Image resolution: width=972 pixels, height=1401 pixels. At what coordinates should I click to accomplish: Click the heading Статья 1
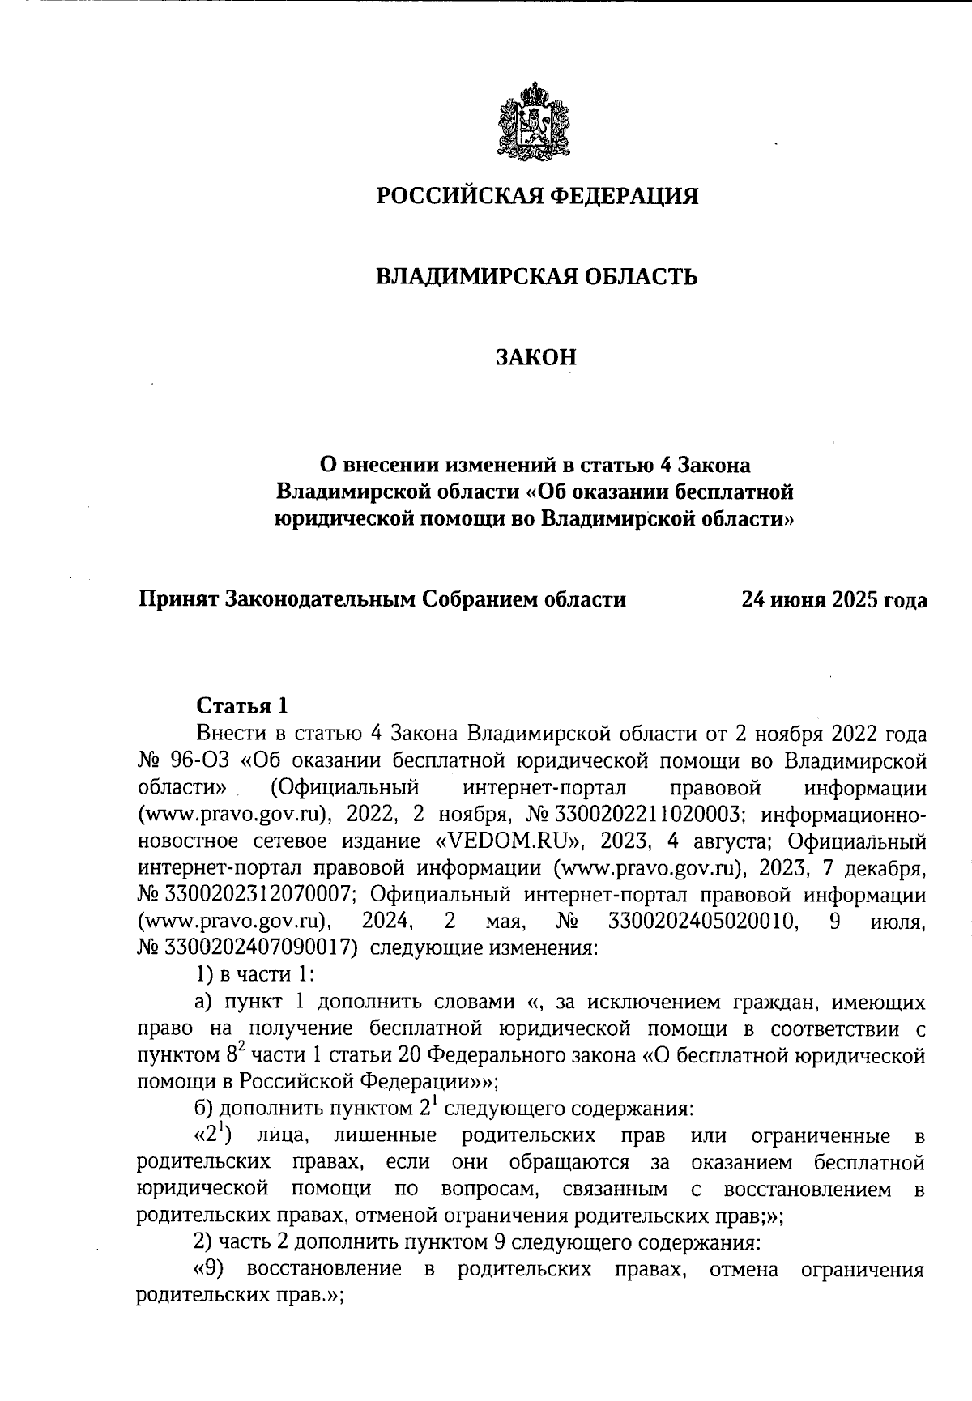tap(242, 704)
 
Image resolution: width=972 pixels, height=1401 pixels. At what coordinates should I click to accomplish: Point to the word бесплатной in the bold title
tap(732, 492)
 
